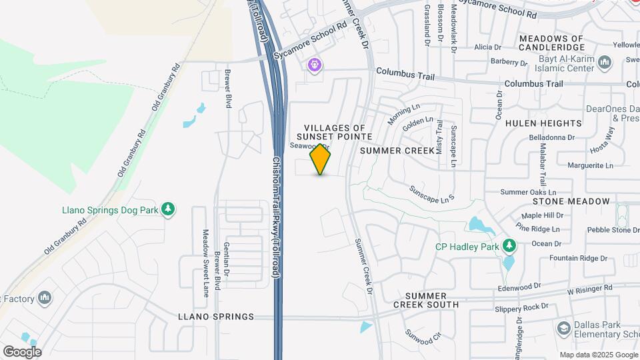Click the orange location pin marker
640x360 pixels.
tap(321, 159)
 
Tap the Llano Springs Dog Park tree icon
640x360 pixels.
tap(169, 209)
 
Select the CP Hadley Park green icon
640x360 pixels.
tap(509, 246)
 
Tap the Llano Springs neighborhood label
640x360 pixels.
tap(216, 317)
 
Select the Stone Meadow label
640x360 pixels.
tap(571, 201)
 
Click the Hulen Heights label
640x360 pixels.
tap(543, 123)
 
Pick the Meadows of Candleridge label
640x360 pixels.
tap(551, 43)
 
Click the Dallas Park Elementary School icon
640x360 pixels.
tap(564, 328)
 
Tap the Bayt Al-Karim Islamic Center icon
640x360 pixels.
tap(605, 63)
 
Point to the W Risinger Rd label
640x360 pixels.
tap(589, 289)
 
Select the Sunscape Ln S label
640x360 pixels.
tap(431, 193)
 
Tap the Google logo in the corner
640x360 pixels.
tap(22, 351)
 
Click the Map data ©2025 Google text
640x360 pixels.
tap(597, 355)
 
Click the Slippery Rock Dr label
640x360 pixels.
tap(521, 307)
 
